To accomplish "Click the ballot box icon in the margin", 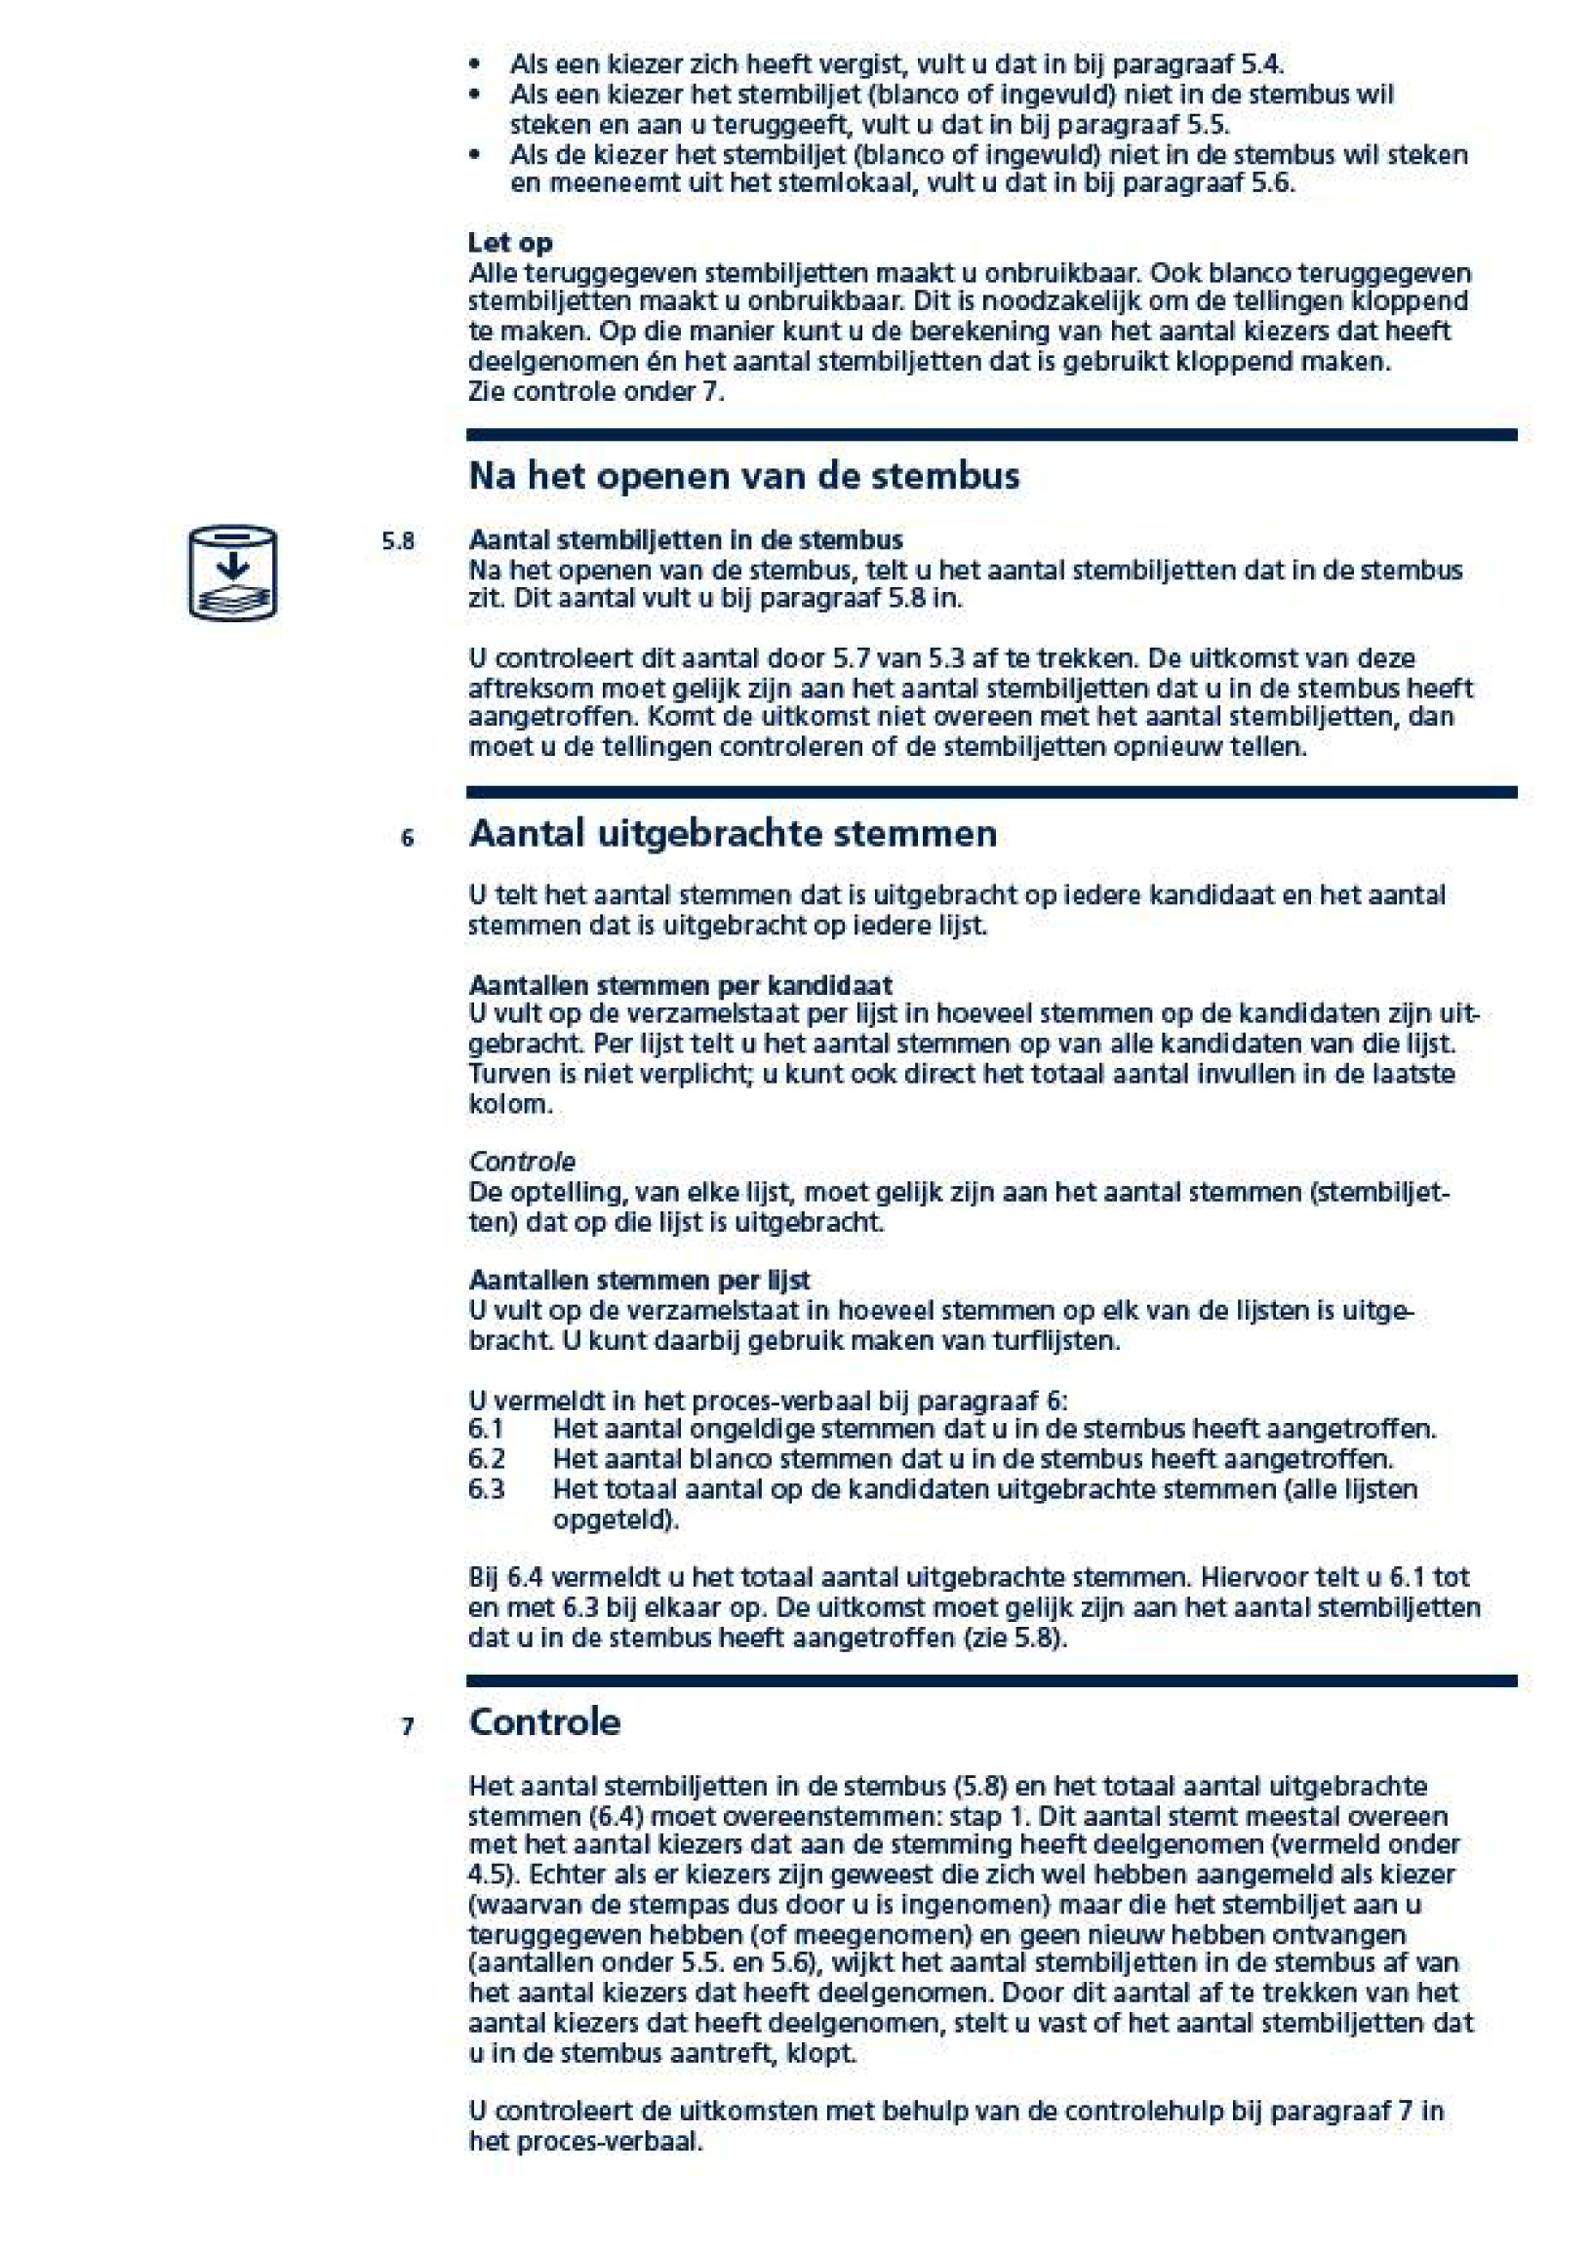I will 232,572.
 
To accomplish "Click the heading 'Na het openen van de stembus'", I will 743,476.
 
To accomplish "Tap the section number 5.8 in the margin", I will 397,541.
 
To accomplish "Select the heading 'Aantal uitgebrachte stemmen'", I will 732,833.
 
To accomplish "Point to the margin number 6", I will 407,838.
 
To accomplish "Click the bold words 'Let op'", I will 509,242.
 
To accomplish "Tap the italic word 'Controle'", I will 521,1162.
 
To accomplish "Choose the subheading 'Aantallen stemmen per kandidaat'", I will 680,985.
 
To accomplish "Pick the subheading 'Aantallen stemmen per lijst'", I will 639,1280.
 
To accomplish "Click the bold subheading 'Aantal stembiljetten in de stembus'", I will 685,539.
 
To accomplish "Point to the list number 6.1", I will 486,1429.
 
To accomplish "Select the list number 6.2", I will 486,1458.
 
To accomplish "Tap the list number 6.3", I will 486,1489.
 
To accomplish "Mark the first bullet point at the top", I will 475,64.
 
